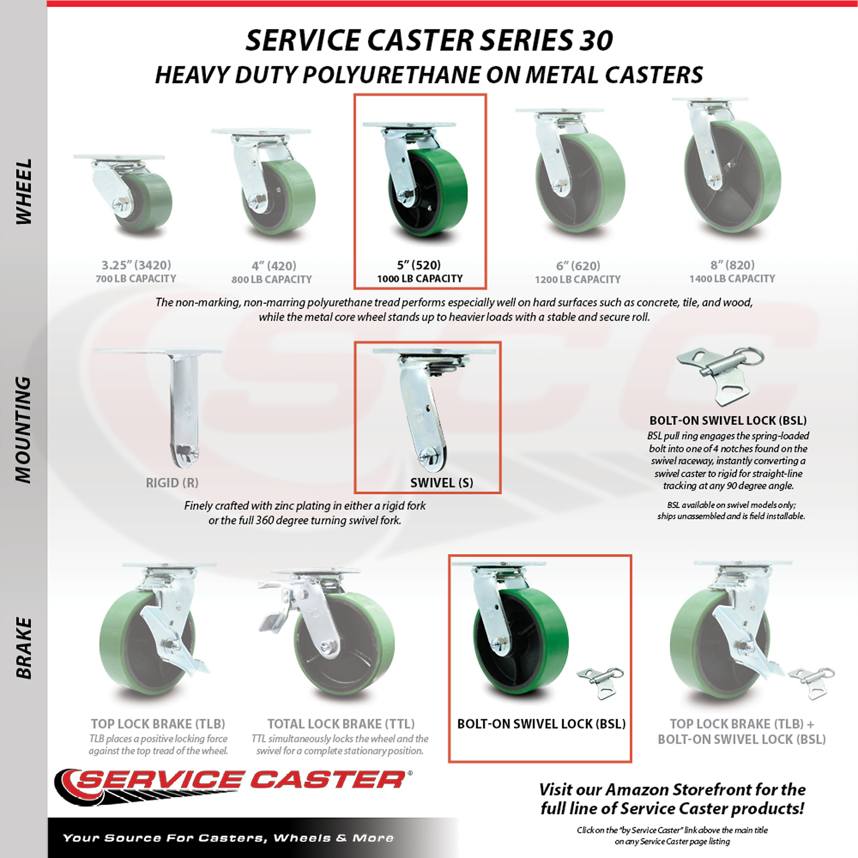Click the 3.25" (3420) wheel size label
tap(136, 265)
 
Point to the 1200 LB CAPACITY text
tap(577, 279)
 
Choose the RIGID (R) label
tap(172, 483)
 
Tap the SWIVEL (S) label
tap(441, 483)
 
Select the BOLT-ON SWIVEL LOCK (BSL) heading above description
tap(728, 420)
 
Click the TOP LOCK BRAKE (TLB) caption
tap(158, 724)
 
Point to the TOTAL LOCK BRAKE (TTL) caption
tap(341, 724)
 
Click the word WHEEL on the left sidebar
tap(24, 191)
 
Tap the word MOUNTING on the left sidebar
tap(24, 429)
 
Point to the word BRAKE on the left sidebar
tap(24, 648)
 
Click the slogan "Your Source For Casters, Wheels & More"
tap(228, 838)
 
